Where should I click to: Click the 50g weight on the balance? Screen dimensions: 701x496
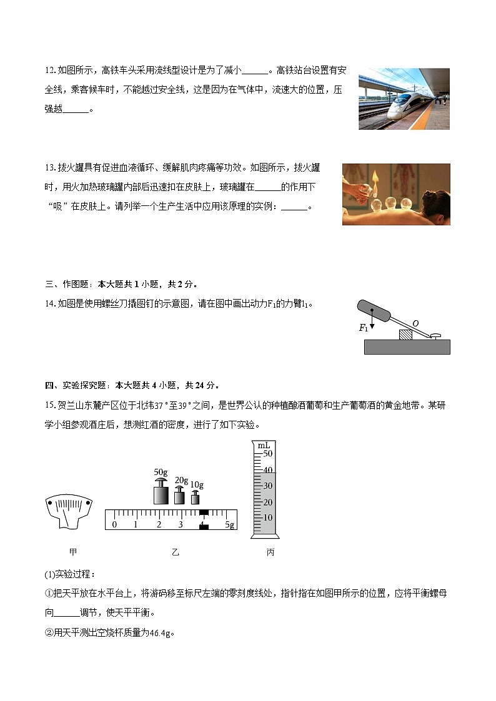[161, 493]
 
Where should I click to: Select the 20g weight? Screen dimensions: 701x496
[180, 496]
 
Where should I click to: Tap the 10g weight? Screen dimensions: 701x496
[196, 498]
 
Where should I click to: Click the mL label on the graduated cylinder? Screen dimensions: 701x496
[263, 444]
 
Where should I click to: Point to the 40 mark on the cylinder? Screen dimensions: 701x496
[268, 470]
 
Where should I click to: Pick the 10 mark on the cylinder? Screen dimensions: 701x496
[268, 517]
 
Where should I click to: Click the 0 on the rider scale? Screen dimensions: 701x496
[114, 524]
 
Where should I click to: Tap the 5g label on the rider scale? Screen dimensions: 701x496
[229, 524]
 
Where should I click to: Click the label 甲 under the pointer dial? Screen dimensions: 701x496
[73, 552]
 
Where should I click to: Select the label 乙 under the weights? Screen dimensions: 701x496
[175, 552]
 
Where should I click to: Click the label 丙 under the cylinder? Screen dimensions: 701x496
[270, 552]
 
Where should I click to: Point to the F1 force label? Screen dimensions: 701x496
[363, 327]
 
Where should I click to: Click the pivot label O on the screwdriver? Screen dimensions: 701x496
[415, 323]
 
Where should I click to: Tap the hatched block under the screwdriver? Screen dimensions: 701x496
[407, 335]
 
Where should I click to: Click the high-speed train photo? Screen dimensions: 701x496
[404, 99]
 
